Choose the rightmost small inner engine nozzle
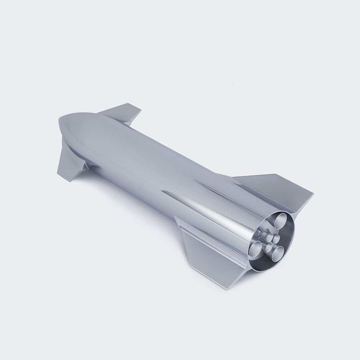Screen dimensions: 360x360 coord(276,239)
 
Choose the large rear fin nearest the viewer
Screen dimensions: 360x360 coord(208,252)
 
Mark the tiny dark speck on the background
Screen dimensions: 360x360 coord(232,84)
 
